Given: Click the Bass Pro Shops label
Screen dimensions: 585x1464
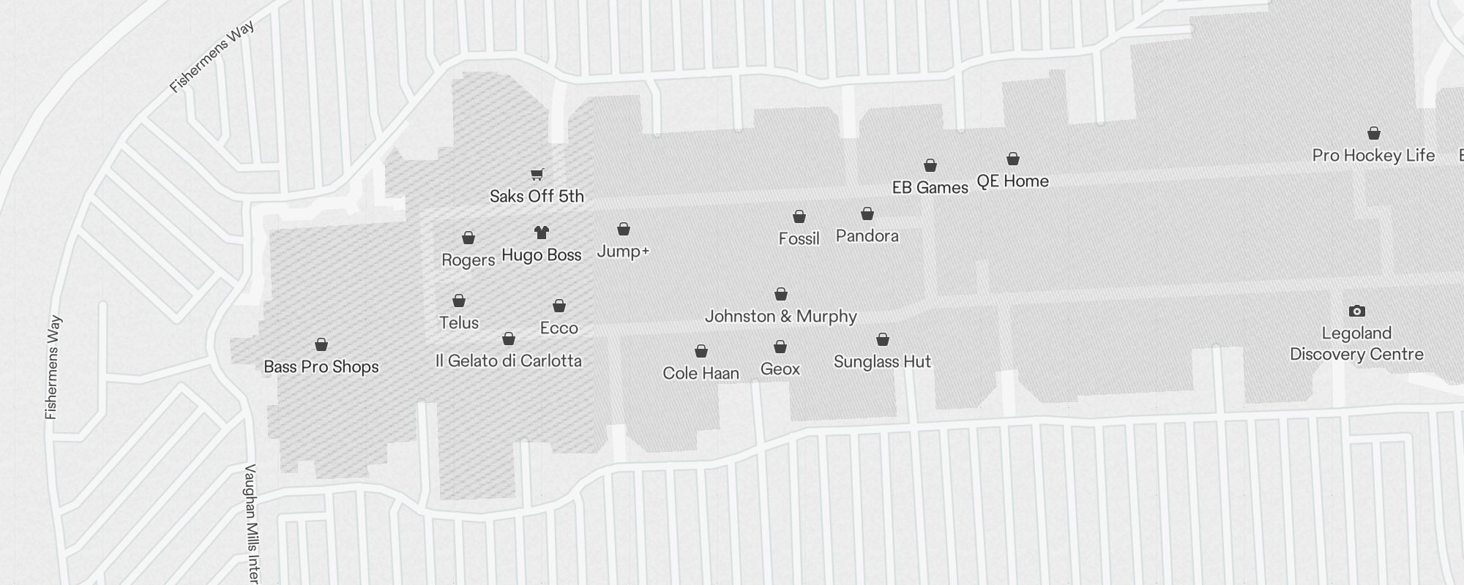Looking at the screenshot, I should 321,366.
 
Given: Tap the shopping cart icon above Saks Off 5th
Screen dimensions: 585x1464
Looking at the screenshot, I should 537,174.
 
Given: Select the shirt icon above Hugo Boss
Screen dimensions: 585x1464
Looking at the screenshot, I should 541,233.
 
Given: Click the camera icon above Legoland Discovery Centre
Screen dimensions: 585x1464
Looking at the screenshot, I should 1356,311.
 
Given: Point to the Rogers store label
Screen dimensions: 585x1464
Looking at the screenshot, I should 468,260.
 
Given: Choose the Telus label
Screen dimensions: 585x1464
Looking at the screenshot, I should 459,322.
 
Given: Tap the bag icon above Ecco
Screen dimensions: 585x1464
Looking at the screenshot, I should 559,306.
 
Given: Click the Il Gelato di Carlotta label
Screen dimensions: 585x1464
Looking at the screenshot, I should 509,361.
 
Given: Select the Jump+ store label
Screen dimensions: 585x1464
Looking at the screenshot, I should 623,252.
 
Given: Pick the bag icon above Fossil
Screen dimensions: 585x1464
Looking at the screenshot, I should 799,216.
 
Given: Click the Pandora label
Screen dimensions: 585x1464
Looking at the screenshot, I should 867,235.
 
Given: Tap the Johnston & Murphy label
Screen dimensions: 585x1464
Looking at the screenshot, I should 780,316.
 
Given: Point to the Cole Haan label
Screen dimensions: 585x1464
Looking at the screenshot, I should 701,373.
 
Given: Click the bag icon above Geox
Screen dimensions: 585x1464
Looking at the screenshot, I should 780,347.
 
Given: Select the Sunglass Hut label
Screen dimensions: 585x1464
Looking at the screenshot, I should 882,361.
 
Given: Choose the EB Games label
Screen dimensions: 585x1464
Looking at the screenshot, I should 930,187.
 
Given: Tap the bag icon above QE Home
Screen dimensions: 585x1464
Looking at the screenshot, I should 1013,159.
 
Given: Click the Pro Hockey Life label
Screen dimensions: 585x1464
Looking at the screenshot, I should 1373,155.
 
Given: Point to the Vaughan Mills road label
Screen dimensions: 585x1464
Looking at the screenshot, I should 252,523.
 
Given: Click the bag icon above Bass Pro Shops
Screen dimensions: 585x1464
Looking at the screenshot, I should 321,344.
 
